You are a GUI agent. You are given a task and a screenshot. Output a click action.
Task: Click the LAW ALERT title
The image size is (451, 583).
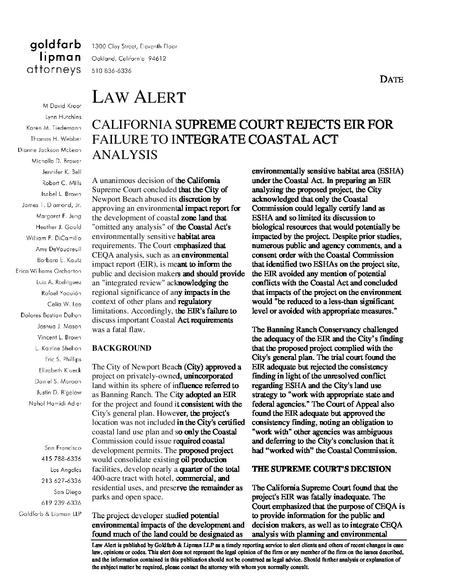coord(138,97)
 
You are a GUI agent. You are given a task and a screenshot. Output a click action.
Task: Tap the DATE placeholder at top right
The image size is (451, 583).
coord(391,79)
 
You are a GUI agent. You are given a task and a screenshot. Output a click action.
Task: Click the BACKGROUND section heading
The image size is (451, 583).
coord(121,348)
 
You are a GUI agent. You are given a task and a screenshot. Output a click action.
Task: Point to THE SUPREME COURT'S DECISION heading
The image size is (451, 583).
coord(321,469)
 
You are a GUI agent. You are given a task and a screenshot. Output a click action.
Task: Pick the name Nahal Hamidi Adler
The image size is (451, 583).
coord(55,403)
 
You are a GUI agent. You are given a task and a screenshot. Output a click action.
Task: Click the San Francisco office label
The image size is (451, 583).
coord(63,448)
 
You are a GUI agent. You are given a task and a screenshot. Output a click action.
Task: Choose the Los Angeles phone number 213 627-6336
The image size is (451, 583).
coord(61,481)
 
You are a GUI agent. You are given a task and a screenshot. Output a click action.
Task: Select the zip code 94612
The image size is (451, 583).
coord(157,59)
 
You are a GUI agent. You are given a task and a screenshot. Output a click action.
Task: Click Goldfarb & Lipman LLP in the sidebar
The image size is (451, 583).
coord(50,514)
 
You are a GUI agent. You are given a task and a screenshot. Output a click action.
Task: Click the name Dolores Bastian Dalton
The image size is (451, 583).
coord(51,315)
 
